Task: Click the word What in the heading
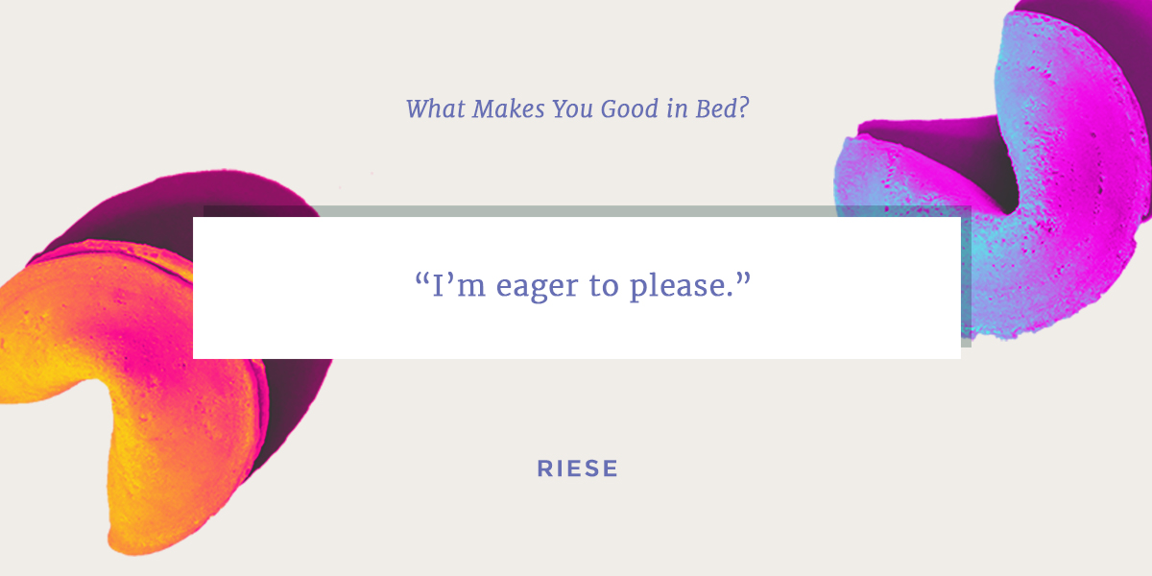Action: [x=436, y=108]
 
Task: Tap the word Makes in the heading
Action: [x=509, y=108]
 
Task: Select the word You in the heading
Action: [x=572, y=108]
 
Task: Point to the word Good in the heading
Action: [x=630, y=108]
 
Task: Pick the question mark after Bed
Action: [x=743, y=108]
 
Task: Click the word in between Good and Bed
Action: [x=678, y=109]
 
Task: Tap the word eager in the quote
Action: [x=537, y=287]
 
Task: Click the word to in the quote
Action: [x=604, y=286]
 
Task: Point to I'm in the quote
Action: [x=459, y=285]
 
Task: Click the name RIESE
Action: [x=578, y=468]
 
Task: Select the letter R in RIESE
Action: [x=545, y=468]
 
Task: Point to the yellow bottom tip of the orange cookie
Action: [x=129, y=545]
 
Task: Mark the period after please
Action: [x=728, y=296]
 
